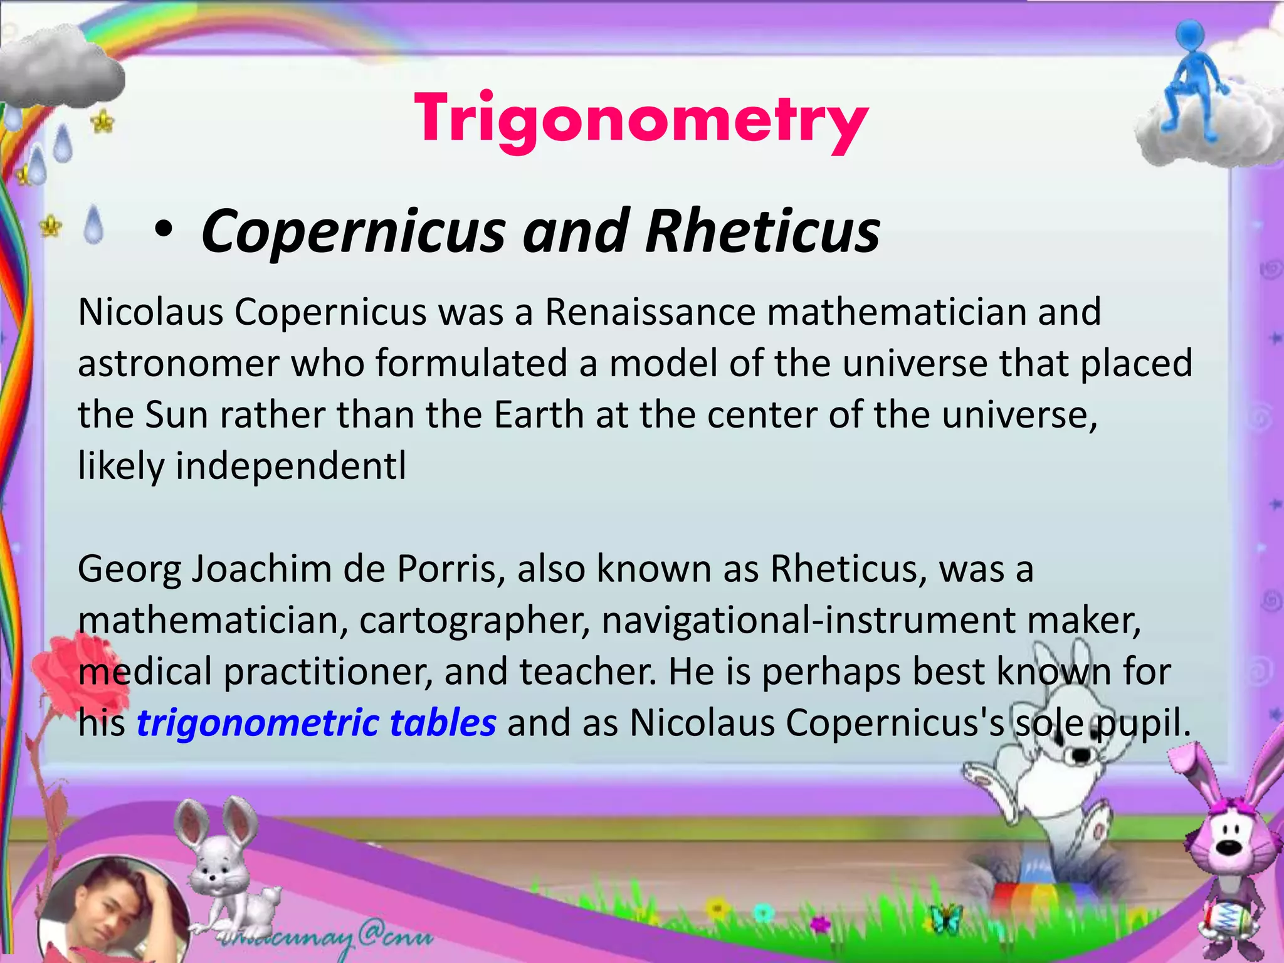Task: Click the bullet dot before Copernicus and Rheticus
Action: click(164, 229)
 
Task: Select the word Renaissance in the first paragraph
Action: click(650, 312)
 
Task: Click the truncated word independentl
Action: click(290, 466)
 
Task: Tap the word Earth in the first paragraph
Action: click(539, 414)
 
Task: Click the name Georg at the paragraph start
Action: click(129, 569)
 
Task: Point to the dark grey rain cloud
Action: click(60, 69)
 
